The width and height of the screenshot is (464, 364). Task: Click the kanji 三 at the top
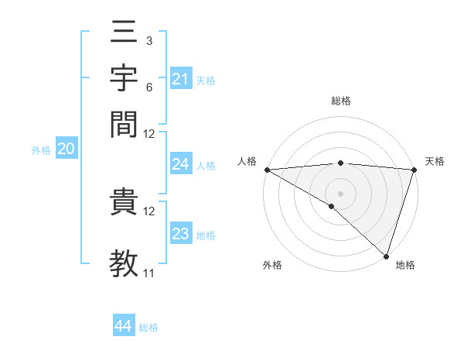tap(125, 35)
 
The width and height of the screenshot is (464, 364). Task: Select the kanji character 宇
tap(125, 80)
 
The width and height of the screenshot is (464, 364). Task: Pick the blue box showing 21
tap(180, 78)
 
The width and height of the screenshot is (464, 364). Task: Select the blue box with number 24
tap(180, 164)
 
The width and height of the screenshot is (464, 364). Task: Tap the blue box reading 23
tap(180, 234)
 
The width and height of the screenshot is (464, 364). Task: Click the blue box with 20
tap(66, 149)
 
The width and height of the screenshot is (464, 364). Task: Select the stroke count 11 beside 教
tap(148, 273)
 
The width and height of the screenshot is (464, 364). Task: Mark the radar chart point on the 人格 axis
tap(267, 170)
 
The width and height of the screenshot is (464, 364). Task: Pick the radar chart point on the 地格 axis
tap(386, 256)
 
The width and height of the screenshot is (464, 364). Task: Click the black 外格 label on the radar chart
tap(272, 266)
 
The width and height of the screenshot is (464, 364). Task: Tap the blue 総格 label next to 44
tap(148, 328)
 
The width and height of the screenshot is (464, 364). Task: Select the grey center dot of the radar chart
tap(340, 193)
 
